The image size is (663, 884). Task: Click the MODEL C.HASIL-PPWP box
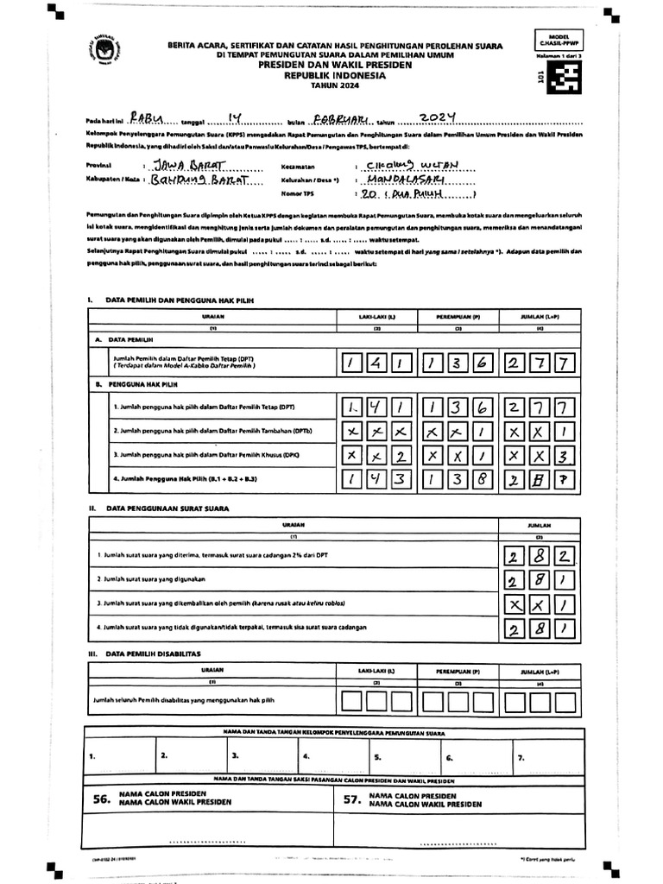click(559, 41)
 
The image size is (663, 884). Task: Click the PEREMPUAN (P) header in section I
click(456, 317)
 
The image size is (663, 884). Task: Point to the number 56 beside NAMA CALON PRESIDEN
click(102, 799)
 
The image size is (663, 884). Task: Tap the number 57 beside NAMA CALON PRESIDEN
click(351, 799)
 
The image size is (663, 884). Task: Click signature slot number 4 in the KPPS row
click(305, 756)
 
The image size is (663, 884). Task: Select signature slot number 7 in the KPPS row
click(520, 757)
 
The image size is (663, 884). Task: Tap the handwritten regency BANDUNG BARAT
click(193, 180)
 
